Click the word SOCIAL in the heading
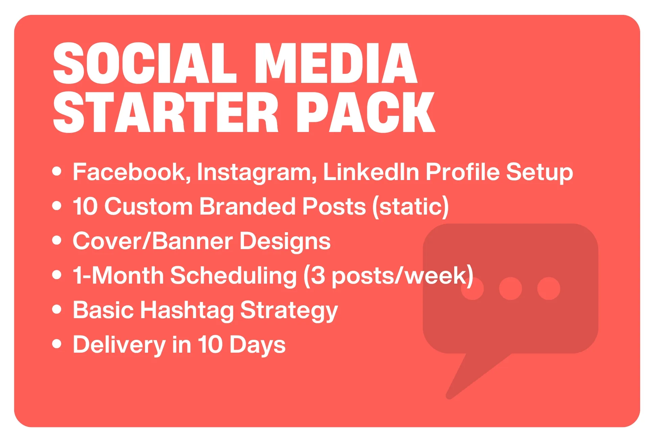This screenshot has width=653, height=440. (x=145, y=63)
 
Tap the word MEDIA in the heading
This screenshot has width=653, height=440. (x=336, y=63)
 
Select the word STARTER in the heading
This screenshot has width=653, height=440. (x=166, y=112)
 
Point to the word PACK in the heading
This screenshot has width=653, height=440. (x=366, y=112)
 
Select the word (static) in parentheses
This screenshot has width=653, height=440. (x=410, y=206)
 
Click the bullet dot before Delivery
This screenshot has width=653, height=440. (x=57, y=344)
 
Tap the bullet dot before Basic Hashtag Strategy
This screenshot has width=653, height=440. (x=57, y=309)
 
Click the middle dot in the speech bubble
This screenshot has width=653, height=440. (x=510, y=288)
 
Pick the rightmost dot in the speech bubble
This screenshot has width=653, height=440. (x=549, y=288)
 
